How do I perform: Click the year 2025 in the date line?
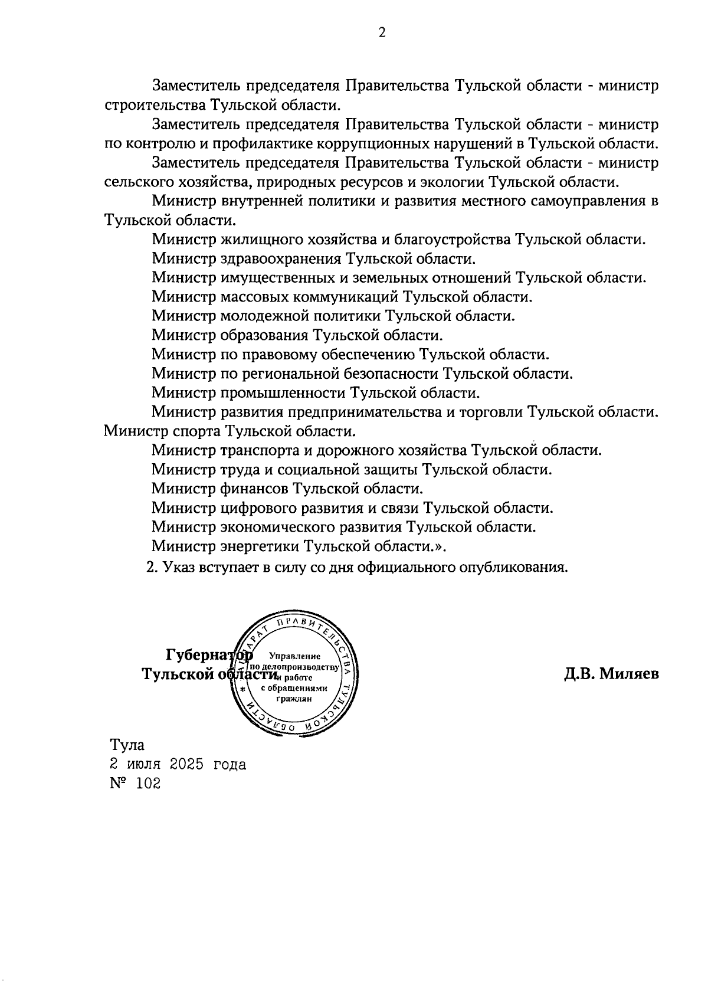186,765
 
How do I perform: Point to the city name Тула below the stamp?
127,745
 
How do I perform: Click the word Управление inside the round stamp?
294,656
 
